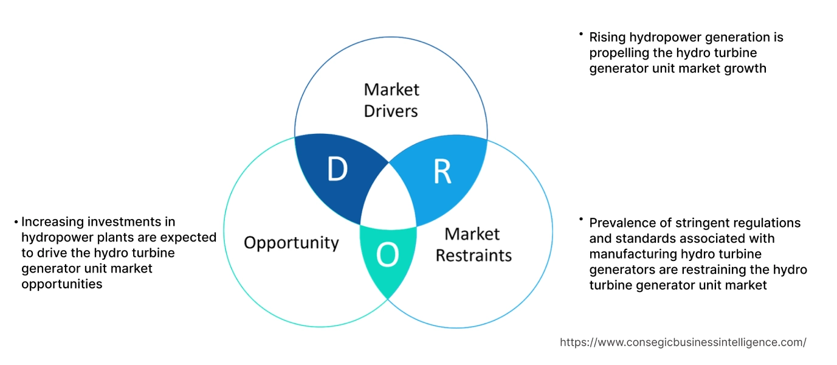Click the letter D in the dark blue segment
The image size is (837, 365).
(x=337, y=170)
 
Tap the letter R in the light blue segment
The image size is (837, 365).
(x=442, y=172)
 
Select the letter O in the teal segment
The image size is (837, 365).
(x=388, y=256)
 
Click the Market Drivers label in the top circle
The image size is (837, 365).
(x=391, y=100)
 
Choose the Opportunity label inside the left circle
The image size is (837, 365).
(x=291, y=243)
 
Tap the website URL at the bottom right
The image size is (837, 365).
(x=683, y=342)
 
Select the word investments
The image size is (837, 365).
(x=122, y=222)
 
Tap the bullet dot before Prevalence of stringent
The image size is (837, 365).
(x=582, y=220)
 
